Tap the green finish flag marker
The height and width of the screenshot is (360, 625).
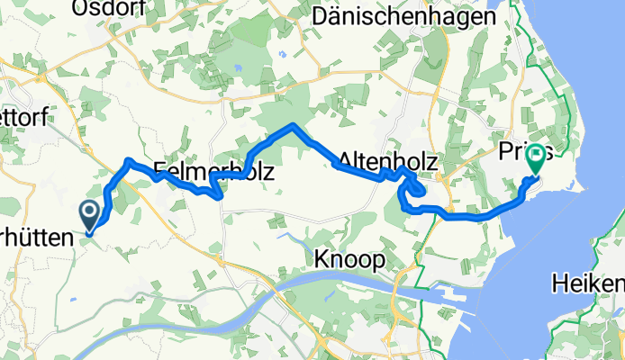536,158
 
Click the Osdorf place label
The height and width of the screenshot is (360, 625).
103,8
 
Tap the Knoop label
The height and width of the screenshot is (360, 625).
350,259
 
